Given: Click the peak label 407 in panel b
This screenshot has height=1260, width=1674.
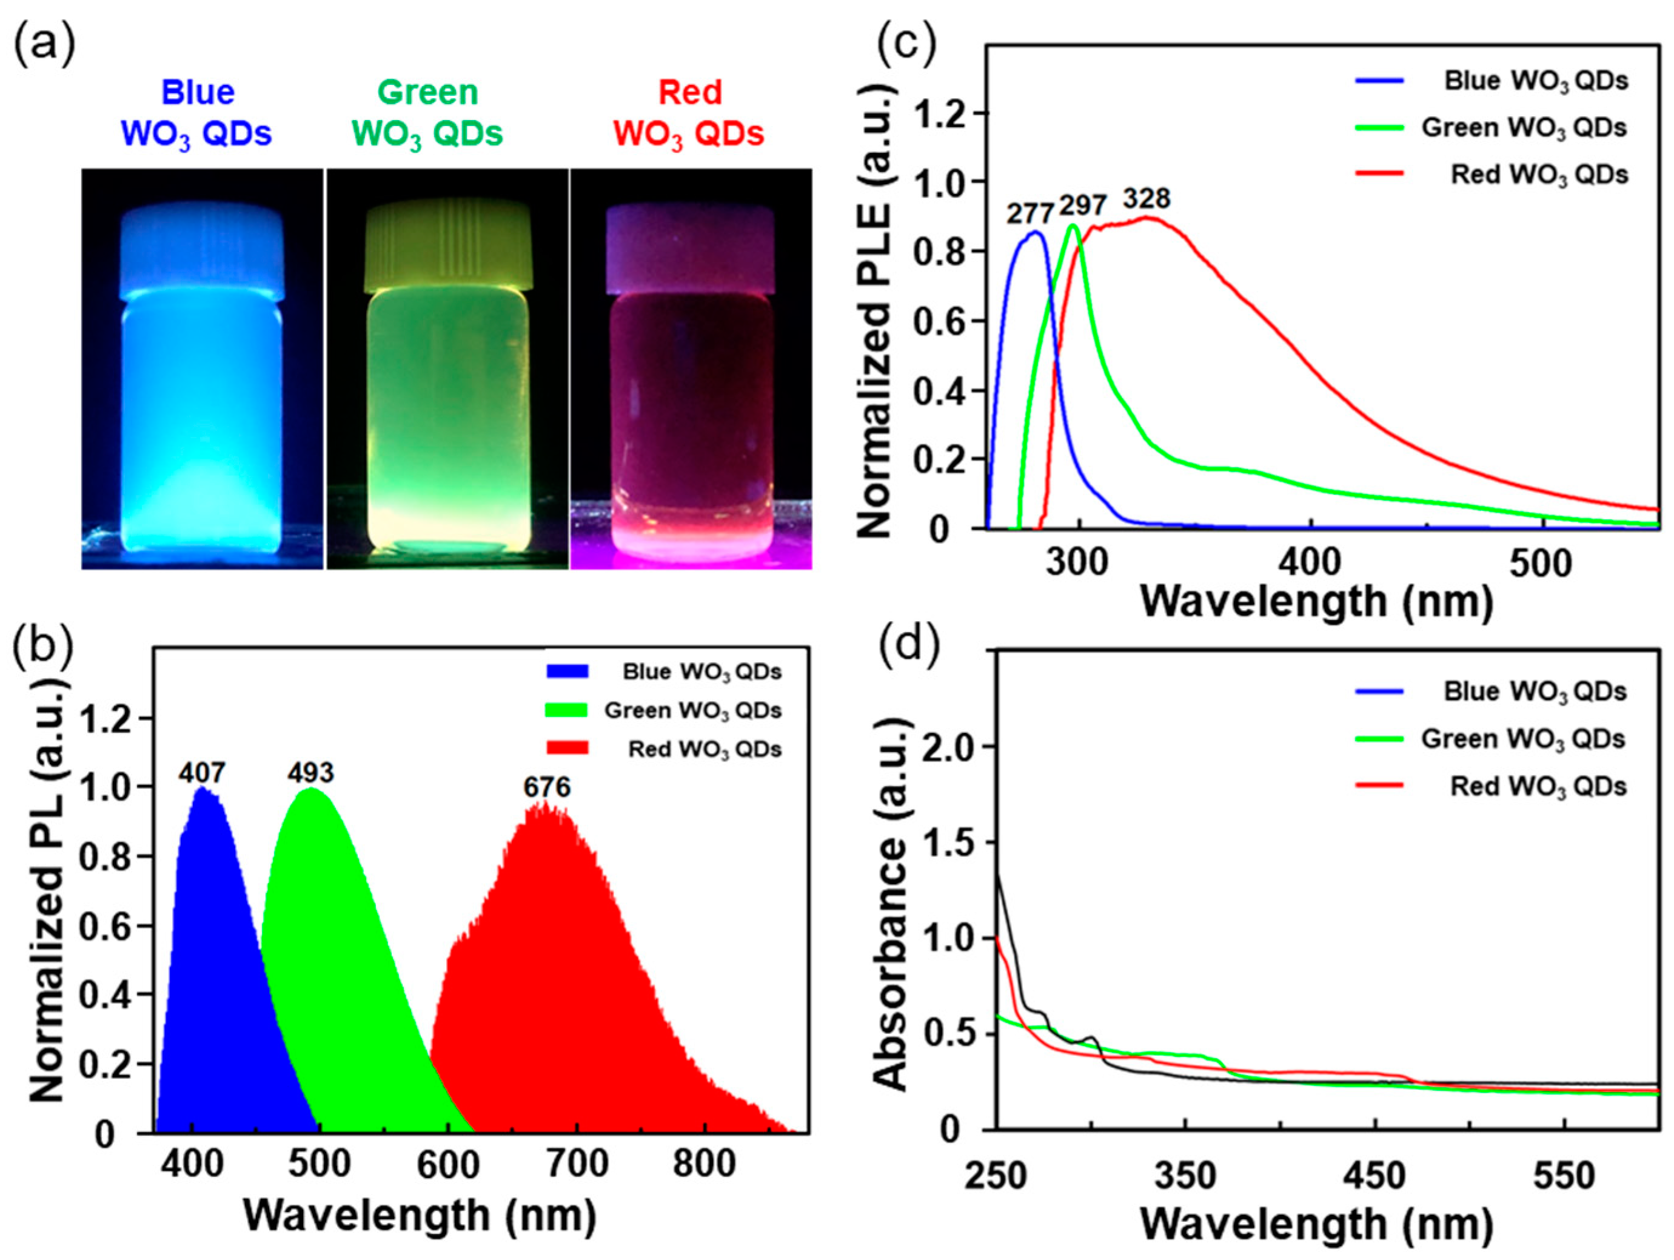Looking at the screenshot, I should [x=202, y=772].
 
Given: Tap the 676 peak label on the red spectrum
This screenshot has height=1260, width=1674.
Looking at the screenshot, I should [x=546, y=787].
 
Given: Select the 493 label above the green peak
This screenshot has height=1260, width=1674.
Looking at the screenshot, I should [x=310, y=772].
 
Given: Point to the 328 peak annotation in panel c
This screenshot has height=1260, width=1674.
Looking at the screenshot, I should [x=1147, y=199].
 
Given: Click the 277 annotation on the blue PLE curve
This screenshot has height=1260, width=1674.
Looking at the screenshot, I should [x=1030, y=214].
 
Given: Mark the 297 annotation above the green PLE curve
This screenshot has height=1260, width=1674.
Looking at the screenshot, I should [x=1083, y=205].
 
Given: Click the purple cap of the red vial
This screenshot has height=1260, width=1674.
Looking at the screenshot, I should [x=690, y=250].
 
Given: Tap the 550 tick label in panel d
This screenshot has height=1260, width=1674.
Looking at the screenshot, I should [x=1564, y=1176].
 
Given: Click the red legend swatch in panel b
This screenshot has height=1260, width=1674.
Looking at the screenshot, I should [x=566, y=748].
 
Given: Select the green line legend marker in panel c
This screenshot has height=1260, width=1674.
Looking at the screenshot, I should [x=1379, y=128].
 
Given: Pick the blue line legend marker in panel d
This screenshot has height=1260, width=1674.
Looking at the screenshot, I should [x=1379, y=692].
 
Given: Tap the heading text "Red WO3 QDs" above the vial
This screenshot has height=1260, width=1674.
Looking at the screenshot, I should [x=689, y=113].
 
